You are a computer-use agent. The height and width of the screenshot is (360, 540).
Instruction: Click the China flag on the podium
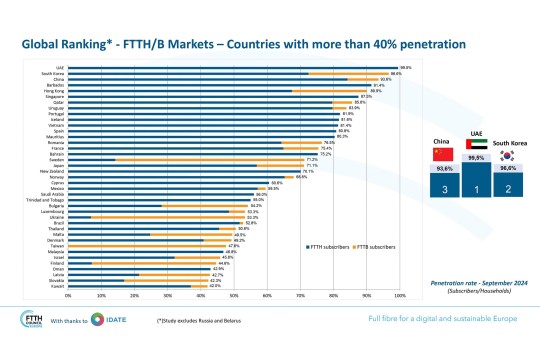(442, 153)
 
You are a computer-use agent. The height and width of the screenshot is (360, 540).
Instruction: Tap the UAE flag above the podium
(476, 144)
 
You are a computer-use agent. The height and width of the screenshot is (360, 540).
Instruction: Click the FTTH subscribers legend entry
(330, 242)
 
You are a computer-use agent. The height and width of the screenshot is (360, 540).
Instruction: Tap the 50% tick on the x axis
(234, 295)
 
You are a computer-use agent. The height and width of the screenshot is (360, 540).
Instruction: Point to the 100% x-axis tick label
(399, 295)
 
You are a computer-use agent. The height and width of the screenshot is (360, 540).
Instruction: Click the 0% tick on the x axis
(68, 295)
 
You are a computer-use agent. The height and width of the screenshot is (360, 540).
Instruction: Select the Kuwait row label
(59, 286)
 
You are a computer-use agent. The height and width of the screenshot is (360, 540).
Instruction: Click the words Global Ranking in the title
(53, 44)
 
